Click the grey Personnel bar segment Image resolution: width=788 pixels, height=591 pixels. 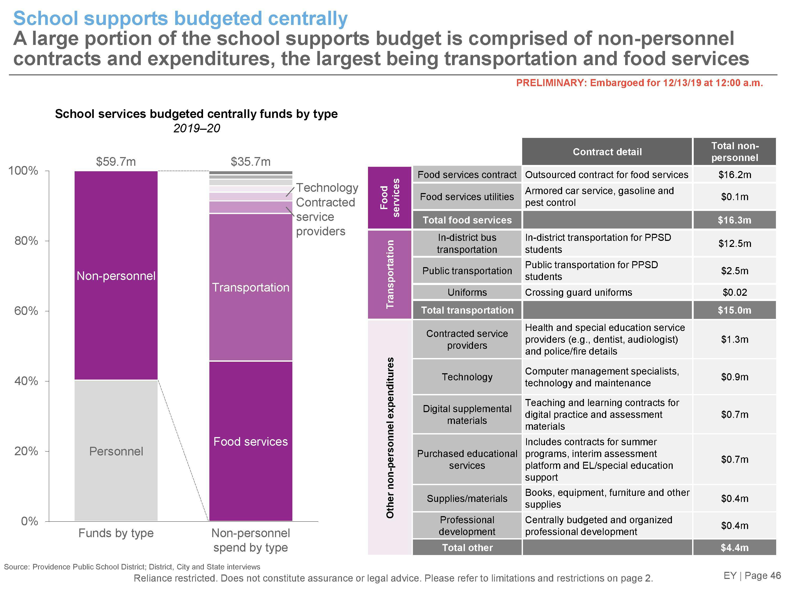point(116,451)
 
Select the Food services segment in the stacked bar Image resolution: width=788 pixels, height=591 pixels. point(250,441)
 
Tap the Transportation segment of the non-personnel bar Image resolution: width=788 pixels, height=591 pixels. point(250,287)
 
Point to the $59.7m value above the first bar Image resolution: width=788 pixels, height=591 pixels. point(116,162)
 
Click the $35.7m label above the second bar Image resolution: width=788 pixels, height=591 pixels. point(250,162)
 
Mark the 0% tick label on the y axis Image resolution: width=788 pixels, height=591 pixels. point(29,521)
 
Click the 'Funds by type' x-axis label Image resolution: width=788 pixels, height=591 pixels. point(116,533)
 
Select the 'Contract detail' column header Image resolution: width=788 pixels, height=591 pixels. point(607,152)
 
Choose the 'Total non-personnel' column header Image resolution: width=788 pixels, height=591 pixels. point(735,152)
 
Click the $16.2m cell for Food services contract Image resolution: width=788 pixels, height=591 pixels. point(735,175)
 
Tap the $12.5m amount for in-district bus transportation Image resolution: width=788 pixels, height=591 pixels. point(735,243)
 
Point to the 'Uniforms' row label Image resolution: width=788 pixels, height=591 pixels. point(467,292)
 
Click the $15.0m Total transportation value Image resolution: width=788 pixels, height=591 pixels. point(735,310)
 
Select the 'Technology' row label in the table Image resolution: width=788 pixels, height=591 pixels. point(467,377)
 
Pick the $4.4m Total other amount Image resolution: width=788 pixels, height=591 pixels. point(735,548)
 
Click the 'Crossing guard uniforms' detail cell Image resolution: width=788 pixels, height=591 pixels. point(578,292)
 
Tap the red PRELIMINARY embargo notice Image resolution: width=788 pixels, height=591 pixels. point(639,83)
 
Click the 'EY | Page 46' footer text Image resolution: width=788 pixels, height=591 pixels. point(752,575)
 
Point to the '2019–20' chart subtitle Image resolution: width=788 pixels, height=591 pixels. point(197,128)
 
